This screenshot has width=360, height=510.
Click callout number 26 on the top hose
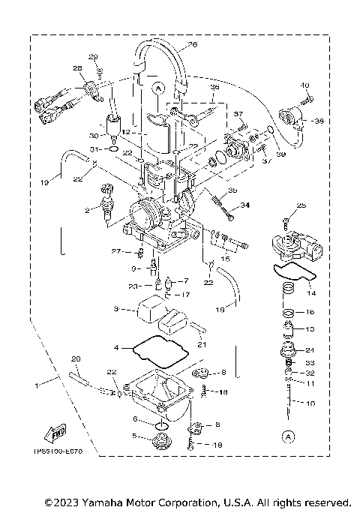(192, 45)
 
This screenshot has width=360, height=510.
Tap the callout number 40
(305, 85)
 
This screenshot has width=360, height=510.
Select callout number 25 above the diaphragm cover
(301, 205)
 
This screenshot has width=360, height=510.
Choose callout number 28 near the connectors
(77, 69)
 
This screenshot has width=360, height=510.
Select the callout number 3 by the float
(116, 308)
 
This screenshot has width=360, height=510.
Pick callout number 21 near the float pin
(201, 344)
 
